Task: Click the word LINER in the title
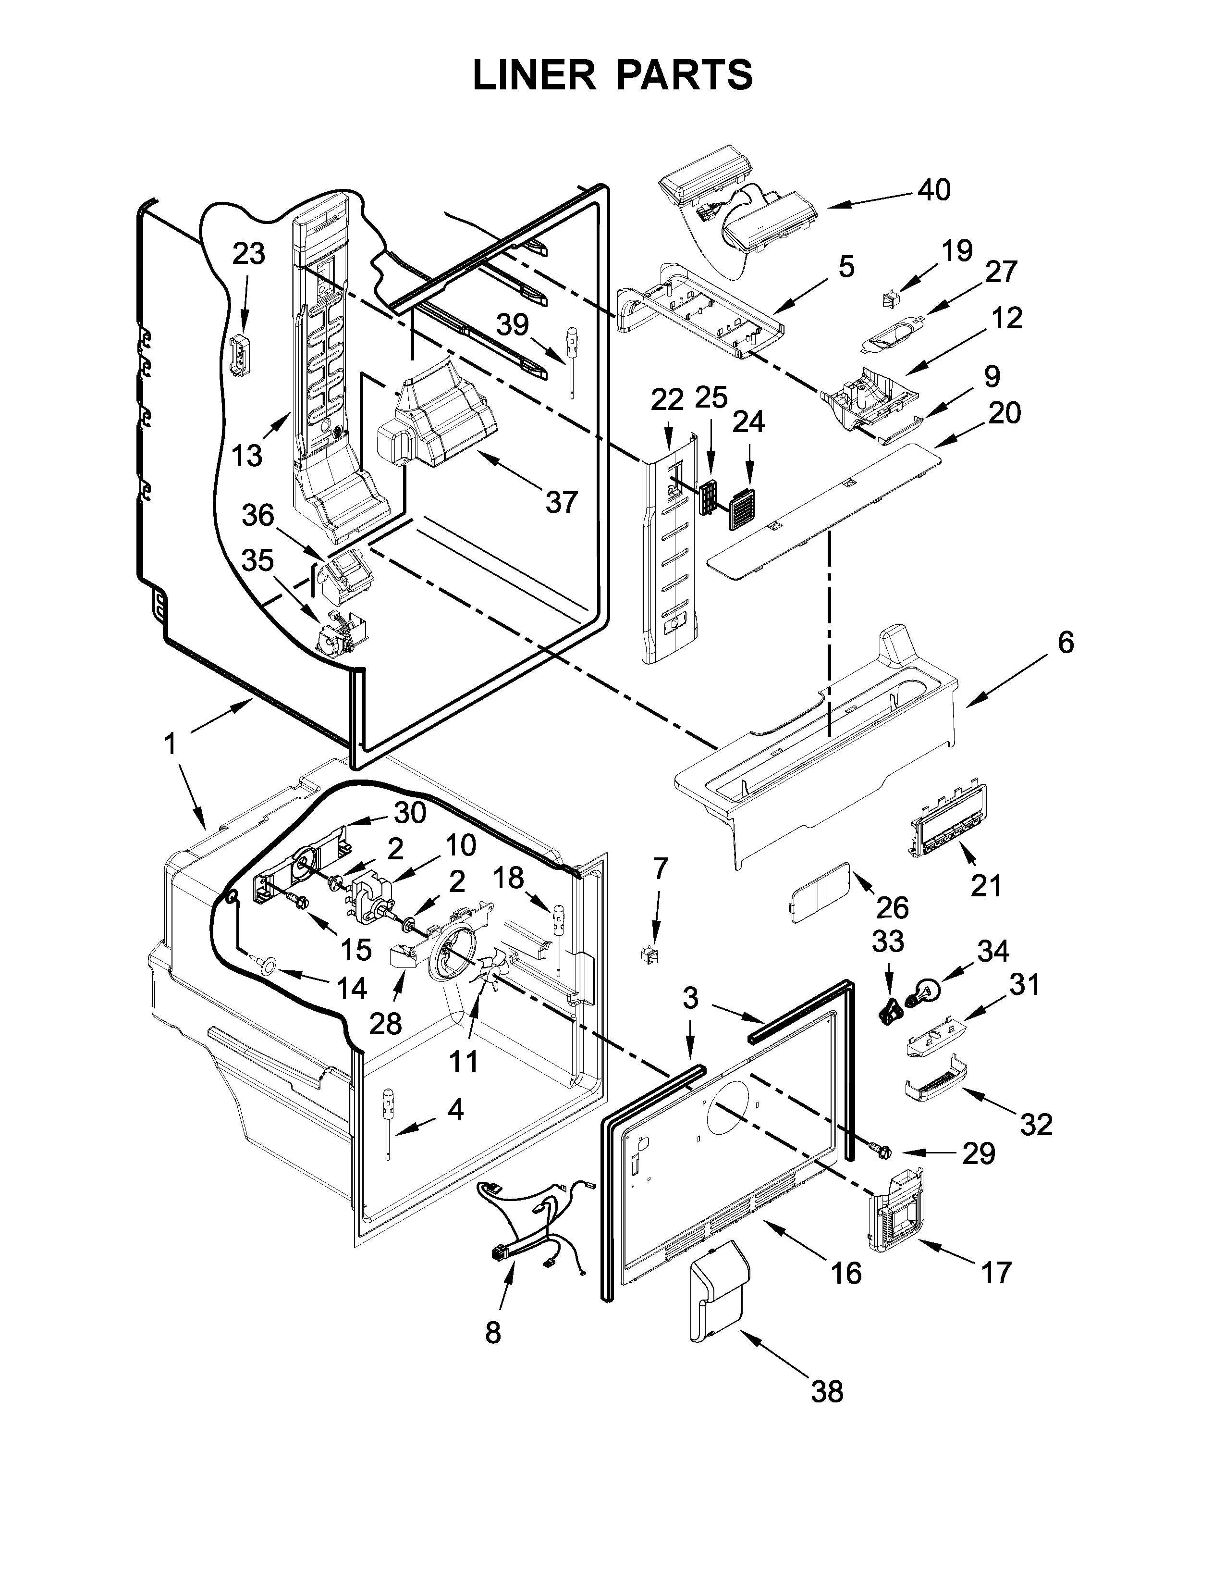click(x=533, y=75)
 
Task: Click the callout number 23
click(x=248, y=255)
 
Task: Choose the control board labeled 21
click(x=948, y=823)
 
